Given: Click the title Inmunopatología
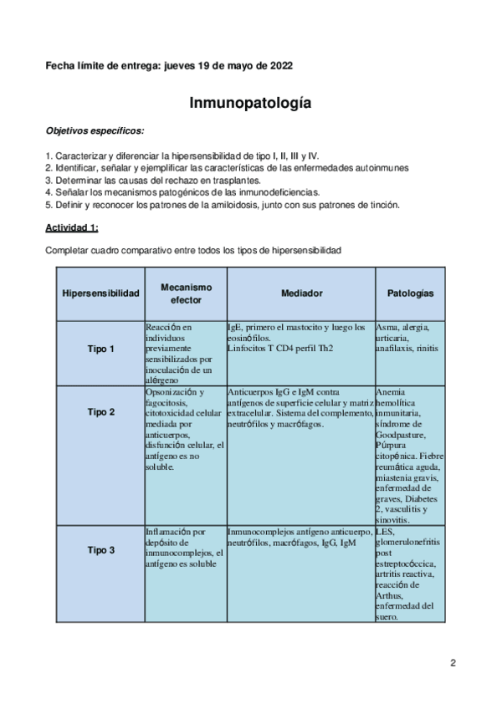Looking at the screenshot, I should coord(251,104).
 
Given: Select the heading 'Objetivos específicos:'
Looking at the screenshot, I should coord(94,130).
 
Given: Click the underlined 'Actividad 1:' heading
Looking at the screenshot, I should coord(74,227).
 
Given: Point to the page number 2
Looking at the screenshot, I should coord(453,665).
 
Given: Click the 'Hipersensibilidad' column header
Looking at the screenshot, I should coord(100,294).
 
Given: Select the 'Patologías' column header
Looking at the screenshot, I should coord(410,294).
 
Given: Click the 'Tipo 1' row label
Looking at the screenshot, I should coord(100,349).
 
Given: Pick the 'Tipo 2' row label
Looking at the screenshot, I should coord(100,412).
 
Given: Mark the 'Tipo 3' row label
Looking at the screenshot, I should coord(100,550).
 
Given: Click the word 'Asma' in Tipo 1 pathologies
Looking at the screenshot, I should coord(387,327).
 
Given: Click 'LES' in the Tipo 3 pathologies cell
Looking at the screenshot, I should coord(385,531).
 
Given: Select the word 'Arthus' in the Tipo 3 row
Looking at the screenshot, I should coord(391,596).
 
